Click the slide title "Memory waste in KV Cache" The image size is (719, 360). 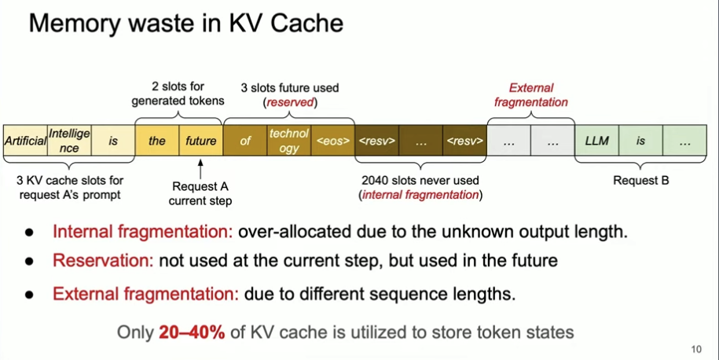point(186,23)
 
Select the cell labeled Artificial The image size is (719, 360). point(25,141)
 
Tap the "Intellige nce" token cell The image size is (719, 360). point(69,140)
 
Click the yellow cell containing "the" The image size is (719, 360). point(157,141)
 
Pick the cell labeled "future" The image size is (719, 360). point(201,141)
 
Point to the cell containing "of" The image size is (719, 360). point(245,141)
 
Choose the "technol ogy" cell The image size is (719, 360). point(289,140)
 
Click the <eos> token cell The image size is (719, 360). point(333,141)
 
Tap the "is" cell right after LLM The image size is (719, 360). point(640,141)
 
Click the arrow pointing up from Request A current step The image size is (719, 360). point(201,167)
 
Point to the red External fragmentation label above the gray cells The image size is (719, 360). point(531,95)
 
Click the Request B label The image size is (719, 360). point(641,180)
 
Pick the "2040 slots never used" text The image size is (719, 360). point(420,180)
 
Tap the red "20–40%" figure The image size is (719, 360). point(193,332)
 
